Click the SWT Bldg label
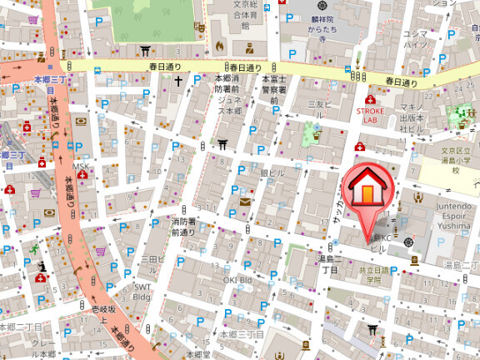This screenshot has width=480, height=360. tap(142, 291)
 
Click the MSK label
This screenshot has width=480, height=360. tap(80, 166)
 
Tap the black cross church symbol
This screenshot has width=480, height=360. tap(178, 82)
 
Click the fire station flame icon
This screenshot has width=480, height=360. tap(219, 46)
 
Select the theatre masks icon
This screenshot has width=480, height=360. tap(199, 27)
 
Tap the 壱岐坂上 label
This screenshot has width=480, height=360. tap(101, 314)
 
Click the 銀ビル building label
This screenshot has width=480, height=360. tap(272, 173)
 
